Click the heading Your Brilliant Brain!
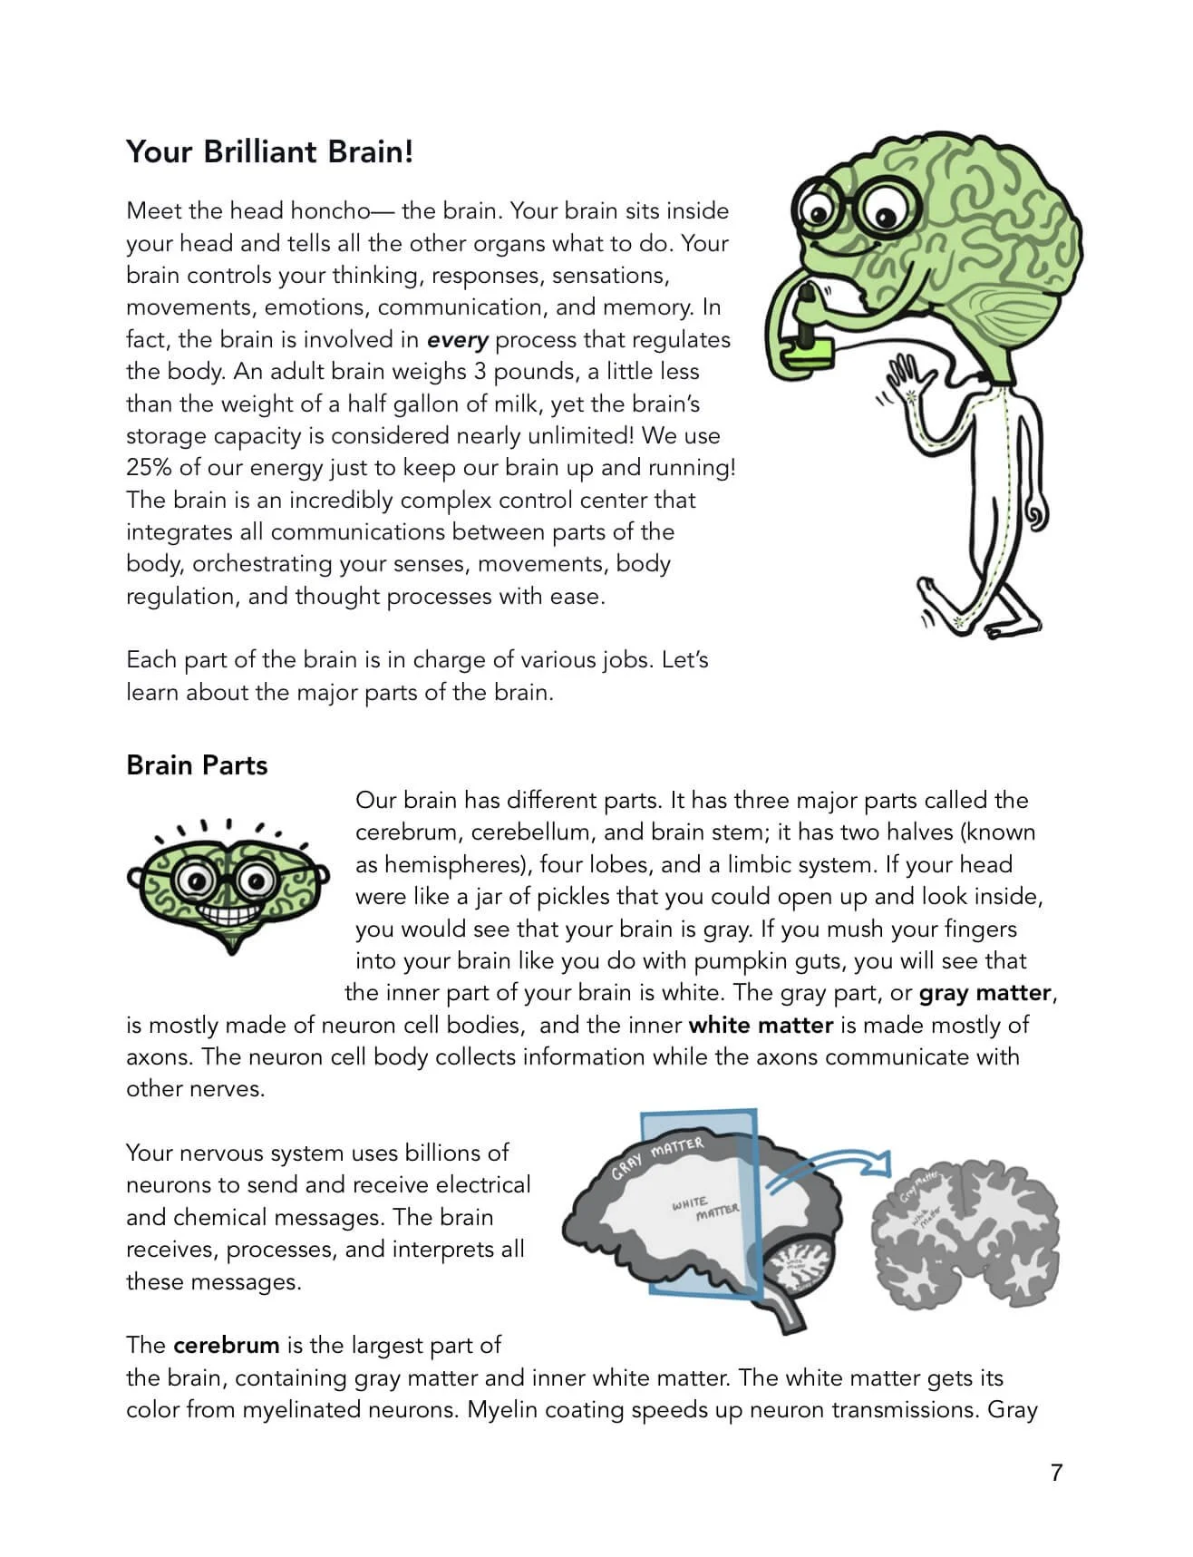coord(269,151)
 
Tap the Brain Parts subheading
coord(197,765)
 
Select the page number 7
coord(1056,1473)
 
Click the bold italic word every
coord(458,340)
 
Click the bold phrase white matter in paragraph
coord(761,1026)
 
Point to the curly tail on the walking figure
coord(1036,516)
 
